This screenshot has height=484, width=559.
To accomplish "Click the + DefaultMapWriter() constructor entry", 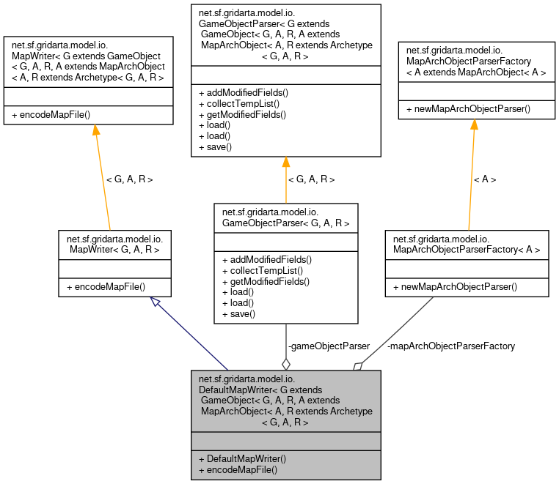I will pos(242,458).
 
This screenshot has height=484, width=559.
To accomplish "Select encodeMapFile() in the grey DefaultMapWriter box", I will pos(238,469).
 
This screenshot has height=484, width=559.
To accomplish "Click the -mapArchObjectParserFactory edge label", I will pos(450,346).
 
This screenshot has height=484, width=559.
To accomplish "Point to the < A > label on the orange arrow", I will pos(485,179).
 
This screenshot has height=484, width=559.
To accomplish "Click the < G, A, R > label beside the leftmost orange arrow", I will pos(129,179).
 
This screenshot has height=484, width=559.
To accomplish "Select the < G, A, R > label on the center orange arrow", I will pos(311,179).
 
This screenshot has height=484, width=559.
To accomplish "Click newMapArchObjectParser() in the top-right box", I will pos(468,109).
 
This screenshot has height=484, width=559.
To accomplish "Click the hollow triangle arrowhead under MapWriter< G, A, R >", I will pos(155,301).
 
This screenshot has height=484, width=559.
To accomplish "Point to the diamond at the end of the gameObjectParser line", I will pos(286,363).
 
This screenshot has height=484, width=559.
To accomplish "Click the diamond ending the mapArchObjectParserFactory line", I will pos(358,365).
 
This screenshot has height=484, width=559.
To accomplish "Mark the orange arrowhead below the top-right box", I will pos(474,124).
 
